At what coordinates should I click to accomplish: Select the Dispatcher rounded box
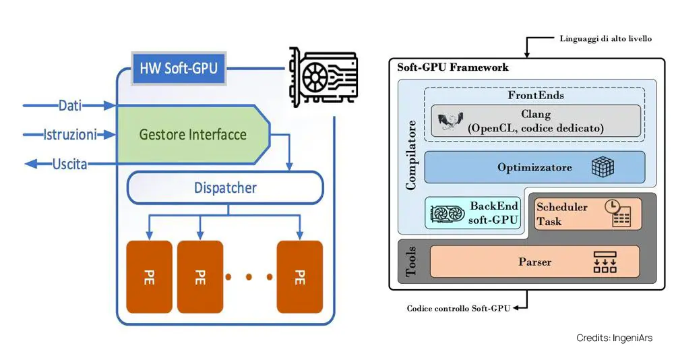coord(225,187)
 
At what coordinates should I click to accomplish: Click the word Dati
coord(70,106)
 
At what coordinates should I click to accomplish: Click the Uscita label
coord(70,163)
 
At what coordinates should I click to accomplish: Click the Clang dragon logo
coord(447,122)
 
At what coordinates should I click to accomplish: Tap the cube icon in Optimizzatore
coord(603,167)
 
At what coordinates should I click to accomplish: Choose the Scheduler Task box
coord(587,214)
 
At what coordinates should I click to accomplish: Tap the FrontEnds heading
coord(536,95)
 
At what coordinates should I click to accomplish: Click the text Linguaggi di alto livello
coord(605,39)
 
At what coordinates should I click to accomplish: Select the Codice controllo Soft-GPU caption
coord(458,309)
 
